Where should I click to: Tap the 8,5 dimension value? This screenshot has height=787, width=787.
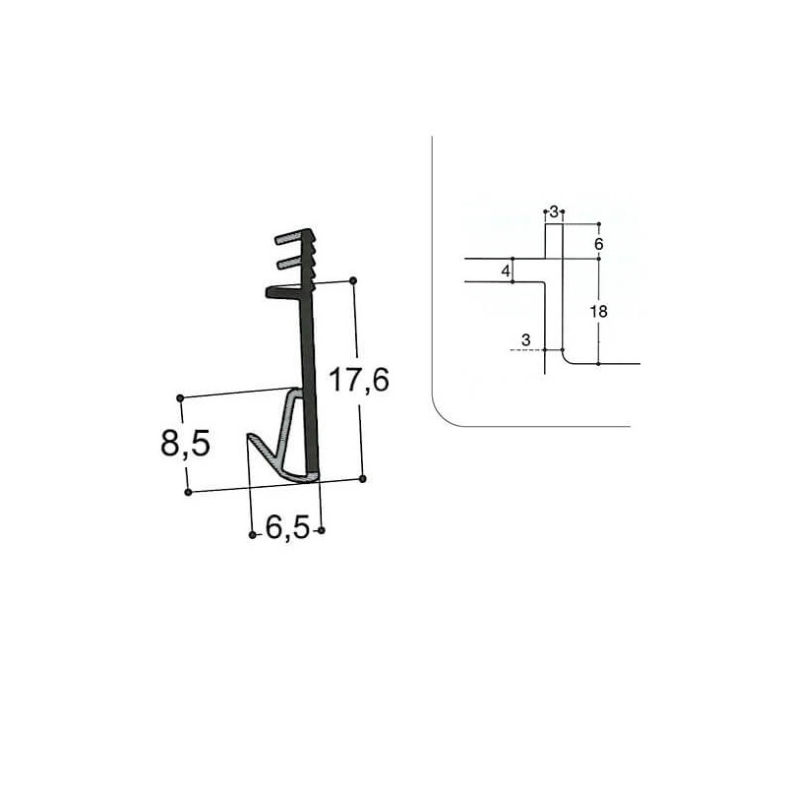point(185,445)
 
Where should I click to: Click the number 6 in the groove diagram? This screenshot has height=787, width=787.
point(598,242)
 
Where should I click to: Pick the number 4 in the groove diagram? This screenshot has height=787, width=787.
point(506,271)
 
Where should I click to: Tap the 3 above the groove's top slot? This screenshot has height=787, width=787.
point(554,212)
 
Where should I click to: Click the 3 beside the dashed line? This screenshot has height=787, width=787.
point(526,340)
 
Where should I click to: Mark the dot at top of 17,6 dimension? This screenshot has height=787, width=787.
point(353,281)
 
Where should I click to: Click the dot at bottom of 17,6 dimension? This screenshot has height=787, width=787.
point(363,479)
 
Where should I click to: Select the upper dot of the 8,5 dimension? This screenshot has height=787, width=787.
point(180,397)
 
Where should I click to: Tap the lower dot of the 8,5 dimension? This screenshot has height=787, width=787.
point(188,491)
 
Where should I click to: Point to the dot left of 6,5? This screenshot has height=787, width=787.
point(252,534)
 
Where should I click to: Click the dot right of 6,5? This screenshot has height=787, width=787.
point(322,531)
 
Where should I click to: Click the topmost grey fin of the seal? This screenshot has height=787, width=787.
point(292,239)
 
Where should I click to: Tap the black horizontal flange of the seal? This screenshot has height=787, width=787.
point(285,290)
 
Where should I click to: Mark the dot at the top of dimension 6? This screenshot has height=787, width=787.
point(598,223)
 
